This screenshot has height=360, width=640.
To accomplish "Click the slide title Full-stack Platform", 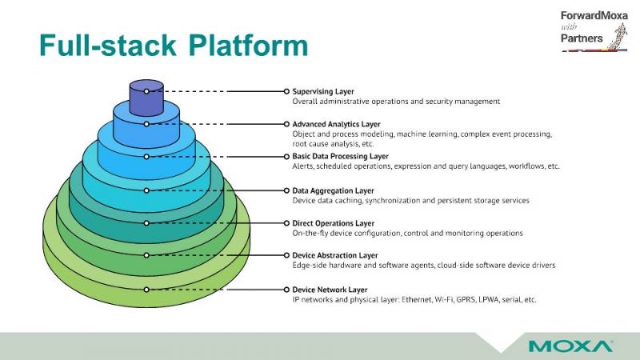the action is [174, 45].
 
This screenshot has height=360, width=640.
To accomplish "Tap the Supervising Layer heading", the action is [323, 91].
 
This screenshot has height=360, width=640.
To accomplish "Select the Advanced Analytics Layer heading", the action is [336, 124].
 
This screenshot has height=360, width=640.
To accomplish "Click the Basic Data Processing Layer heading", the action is [341, 156].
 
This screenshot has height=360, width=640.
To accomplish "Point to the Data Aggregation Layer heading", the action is [333, 190].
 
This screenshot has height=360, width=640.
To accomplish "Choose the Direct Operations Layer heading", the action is [333, 223].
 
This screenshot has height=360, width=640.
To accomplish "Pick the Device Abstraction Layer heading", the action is [335, 255].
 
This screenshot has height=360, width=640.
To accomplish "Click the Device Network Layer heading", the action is [330, 290].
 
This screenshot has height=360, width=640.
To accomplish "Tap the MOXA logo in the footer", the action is [570, 346].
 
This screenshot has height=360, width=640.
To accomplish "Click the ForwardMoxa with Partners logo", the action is [594, 31].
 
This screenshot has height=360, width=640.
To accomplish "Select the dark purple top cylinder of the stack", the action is [146, 98].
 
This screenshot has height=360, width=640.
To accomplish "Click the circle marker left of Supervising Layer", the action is [286, 91].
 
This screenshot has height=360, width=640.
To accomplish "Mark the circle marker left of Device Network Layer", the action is [286, 290].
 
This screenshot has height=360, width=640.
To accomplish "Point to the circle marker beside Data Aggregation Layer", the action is [286, 190].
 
